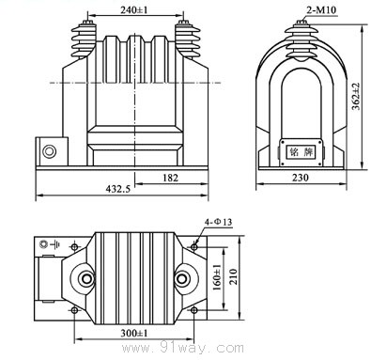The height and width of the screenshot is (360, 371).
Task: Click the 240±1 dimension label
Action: (134, 10)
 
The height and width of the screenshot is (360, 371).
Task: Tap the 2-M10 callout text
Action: (321, 10)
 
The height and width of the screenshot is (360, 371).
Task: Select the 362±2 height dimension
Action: (356, 97)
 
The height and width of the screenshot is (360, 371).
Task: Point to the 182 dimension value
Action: (171, 178)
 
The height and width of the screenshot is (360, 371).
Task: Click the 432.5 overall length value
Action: (118, 189)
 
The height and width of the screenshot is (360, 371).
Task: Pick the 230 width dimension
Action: (301, 178)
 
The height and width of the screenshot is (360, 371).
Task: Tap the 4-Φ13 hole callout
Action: (219, 222)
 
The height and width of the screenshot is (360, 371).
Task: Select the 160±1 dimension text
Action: (217, 277)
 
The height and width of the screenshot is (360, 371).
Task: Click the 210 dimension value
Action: (233, 276)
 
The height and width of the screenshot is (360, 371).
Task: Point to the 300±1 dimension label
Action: (134, 333)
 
